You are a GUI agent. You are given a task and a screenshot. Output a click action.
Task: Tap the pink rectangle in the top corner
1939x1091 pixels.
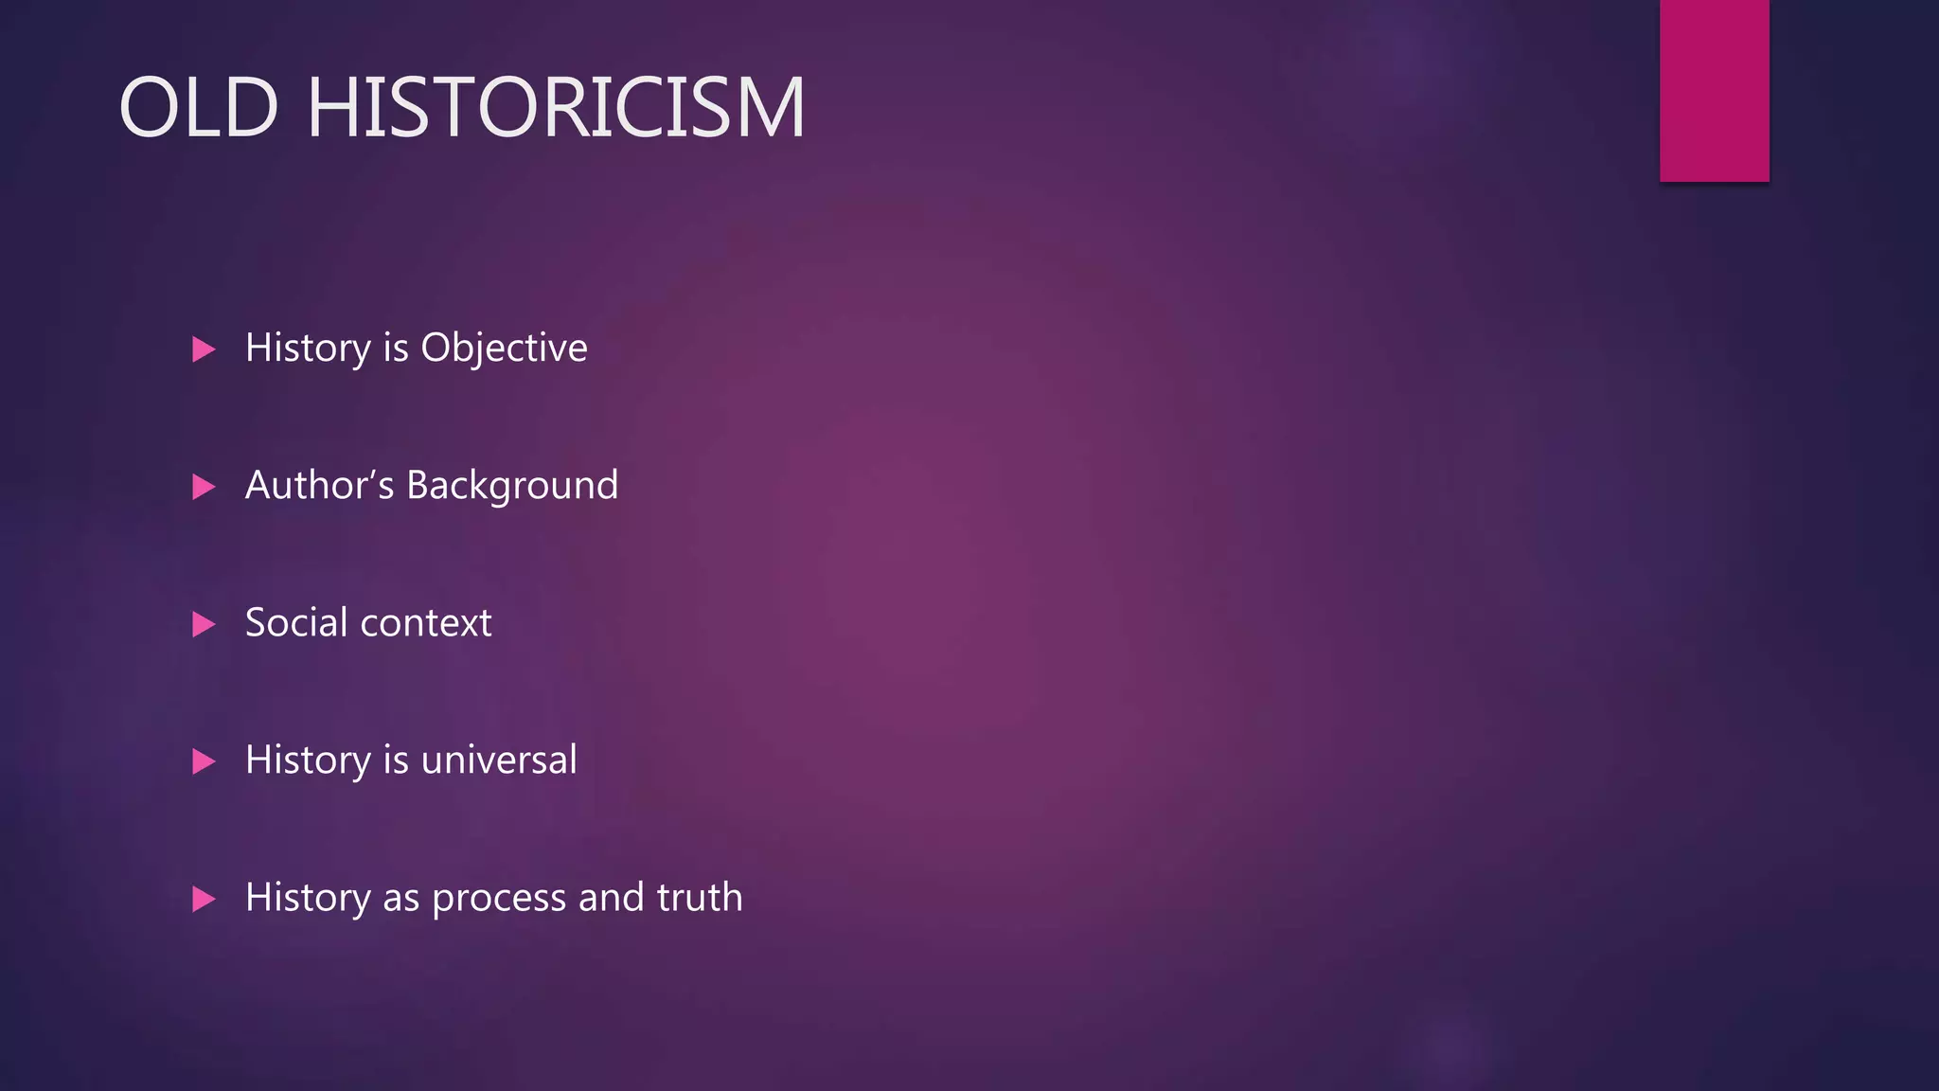(1714, 90)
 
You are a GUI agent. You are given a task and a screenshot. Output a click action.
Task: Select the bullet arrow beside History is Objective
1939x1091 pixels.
(204, 349)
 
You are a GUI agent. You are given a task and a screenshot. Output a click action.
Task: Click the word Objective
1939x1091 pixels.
(504, 349)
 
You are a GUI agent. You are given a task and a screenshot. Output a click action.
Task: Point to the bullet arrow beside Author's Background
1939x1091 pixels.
(204, 487)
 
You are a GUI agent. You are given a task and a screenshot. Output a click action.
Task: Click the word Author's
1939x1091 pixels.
(319, 485)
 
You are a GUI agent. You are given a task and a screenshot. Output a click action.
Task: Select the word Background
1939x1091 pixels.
(512, 486)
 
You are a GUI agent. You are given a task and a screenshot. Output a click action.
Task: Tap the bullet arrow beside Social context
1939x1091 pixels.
(204, 624)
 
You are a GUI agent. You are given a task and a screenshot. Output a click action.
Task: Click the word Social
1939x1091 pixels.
(296, 623)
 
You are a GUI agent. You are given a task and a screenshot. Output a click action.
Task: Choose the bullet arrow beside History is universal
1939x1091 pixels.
(204, 761)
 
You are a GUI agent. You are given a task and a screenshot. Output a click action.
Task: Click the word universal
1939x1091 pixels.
(499, 760)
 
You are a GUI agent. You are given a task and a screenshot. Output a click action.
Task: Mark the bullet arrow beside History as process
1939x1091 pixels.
(204, 899)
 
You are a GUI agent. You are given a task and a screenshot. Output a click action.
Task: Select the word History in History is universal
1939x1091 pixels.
(308, 760)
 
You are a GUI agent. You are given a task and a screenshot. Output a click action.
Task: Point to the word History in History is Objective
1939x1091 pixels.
(308, 349)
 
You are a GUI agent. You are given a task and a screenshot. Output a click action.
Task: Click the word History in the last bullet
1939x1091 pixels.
(308, 898)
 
